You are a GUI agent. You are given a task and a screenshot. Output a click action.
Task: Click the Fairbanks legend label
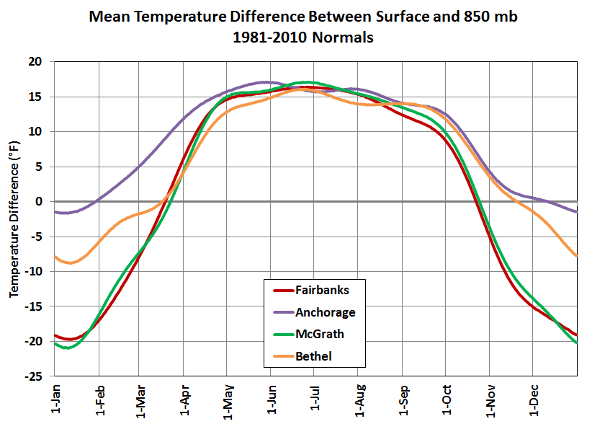(x=321, y=291)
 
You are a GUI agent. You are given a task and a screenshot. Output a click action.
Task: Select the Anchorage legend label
(x=325, y=312)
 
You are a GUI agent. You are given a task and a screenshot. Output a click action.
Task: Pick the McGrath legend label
(x=319, y=334)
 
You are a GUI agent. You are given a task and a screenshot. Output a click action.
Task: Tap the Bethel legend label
(x=314, y=355)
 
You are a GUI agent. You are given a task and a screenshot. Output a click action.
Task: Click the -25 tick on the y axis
(x=35, y=376)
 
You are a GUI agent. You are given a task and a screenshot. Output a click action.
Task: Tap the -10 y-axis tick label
(x=35, y=272)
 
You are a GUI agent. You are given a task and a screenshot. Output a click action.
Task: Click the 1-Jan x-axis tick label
(x=56, y=397)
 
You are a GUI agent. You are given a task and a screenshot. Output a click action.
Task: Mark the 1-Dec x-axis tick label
(x=534, y=397)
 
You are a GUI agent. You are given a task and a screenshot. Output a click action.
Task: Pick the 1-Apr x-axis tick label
(x=184, y=397)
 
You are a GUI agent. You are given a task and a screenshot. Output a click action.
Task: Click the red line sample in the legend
(x=283, y=291)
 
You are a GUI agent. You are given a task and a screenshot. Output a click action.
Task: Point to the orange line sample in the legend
(x=283, y=355)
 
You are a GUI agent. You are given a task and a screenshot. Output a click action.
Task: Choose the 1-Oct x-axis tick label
(x=447, y=397)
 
